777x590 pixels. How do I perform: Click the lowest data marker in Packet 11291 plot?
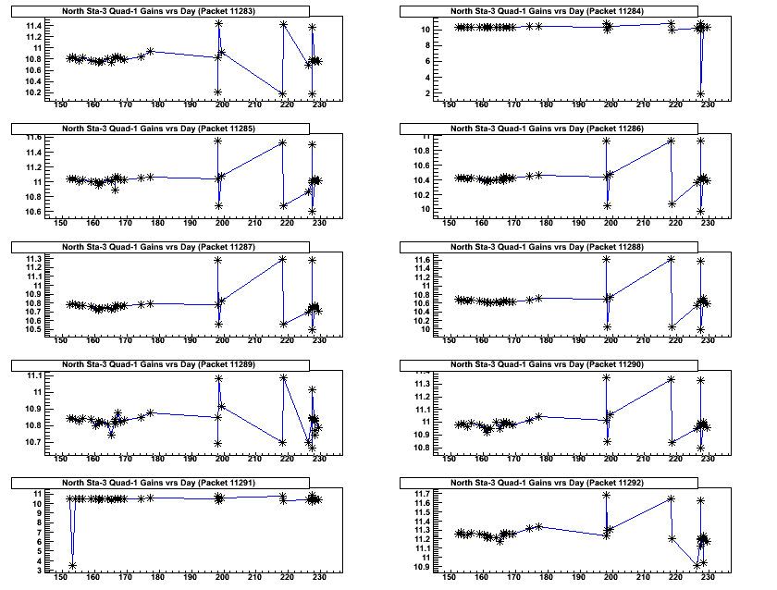72,565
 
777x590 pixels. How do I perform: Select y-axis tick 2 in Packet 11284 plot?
428,93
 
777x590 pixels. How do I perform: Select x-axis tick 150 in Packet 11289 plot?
61,459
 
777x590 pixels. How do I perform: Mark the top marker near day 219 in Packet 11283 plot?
282,24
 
